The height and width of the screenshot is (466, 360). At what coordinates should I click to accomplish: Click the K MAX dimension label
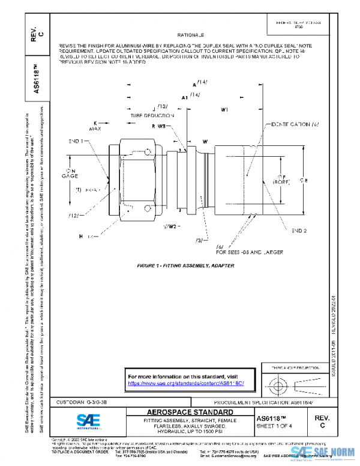point(95,126)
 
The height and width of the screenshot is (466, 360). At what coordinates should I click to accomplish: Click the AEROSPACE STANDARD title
point(190,413)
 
